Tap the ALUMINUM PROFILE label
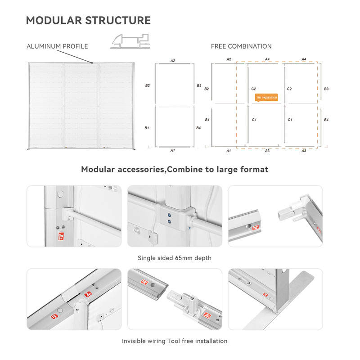point(57,46)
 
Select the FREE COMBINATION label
point(241,46)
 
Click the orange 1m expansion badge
point(266,97)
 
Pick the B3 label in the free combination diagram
point(326,89)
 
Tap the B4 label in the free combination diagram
point(326,120)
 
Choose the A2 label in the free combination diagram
point(229,59)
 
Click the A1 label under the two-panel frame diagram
point(172,150)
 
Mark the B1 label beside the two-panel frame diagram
point(147,128)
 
